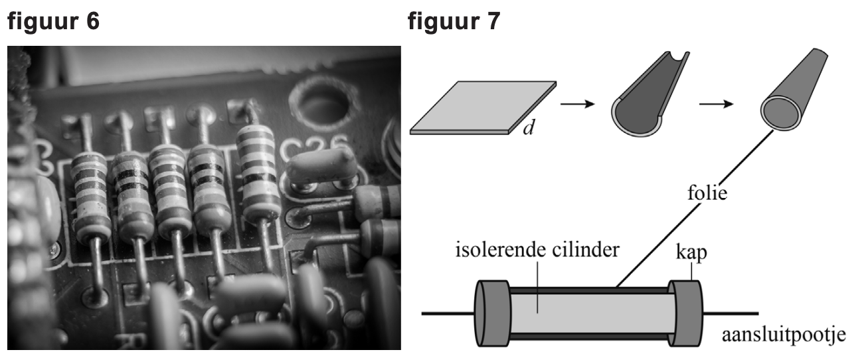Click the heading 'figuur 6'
coord(53,21)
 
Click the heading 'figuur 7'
coord(454,21)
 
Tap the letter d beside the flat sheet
coord(529,128)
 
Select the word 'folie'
coord(707,193)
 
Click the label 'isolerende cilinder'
coord(537,250)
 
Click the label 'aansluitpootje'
coord(784,335)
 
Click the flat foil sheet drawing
coord(483,108)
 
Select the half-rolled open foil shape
coord(649,94)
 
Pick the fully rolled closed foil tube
coord(793,90)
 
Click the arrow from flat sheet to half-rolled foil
coord(578,104)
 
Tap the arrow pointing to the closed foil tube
coord(717,104)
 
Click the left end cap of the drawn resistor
coord(493,314)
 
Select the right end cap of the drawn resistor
coord(685,314)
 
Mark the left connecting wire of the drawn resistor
coord(448,314)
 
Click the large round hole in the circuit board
coord(323,104)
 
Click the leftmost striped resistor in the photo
coord(90,197)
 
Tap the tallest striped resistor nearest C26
coord(258,174)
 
